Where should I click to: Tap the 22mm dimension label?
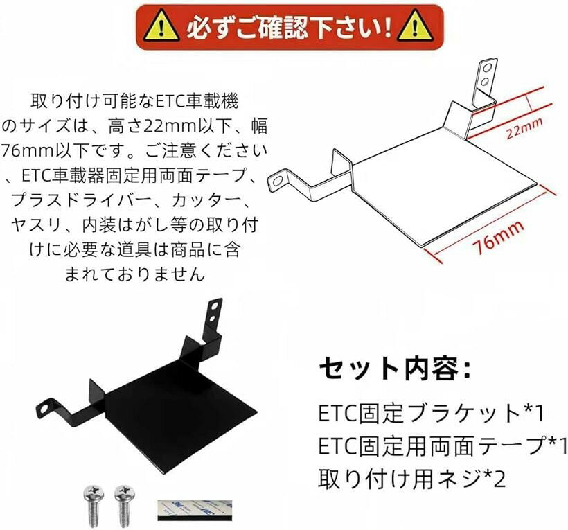(x=524, y=127)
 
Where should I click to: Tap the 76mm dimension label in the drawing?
(x=499, y=237)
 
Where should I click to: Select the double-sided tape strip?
(x=195, y=511)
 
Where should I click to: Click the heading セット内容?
(x=395, y=369)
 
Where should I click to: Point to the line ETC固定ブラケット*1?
(x=431, y=414)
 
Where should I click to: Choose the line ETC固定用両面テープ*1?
(x=443, y=446)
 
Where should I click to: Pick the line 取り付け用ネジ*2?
(x=412, y=479)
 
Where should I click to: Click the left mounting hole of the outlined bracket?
(x=278, y=180)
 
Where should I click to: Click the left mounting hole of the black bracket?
(x=44, y=409)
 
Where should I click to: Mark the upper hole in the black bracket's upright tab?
(x=215, y=306)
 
